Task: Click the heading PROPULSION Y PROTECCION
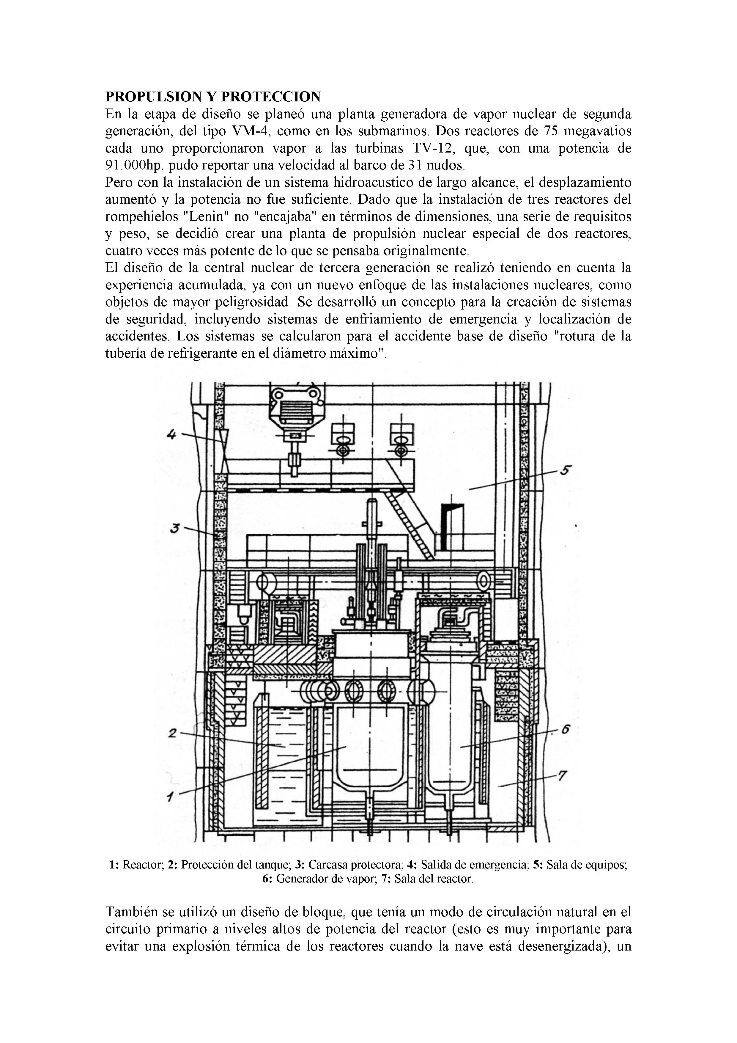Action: point(213,96)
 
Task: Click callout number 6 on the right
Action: point(565,730)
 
